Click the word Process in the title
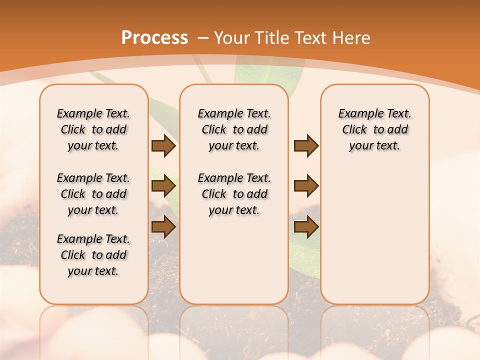154,38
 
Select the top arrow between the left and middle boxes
163,146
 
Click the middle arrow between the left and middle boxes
163,186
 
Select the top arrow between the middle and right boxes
306,146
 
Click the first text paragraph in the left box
93,129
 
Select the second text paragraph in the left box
93,194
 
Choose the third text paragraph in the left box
93,255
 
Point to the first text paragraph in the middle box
234,129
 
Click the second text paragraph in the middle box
234,194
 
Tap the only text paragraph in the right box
374,129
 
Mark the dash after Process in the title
203,38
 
